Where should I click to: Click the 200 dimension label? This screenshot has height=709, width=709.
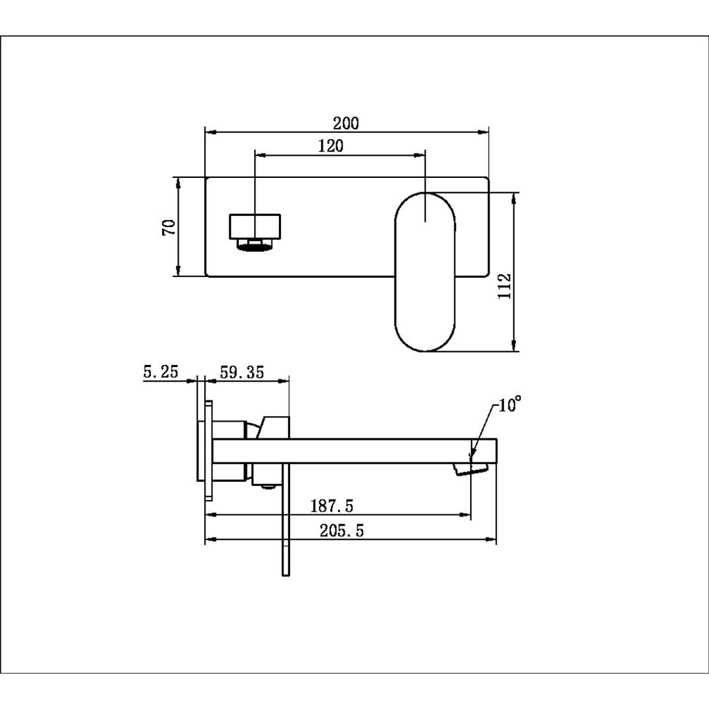click(346, 123)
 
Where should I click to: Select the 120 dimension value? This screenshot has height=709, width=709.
click(330, 146)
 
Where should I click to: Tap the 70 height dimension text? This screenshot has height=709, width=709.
click(169, 227)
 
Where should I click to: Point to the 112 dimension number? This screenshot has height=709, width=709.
click(504, 286)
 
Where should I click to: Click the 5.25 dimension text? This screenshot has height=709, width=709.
click(161, 372)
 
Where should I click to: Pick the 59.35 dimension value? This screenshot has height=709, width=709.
click(242, 372)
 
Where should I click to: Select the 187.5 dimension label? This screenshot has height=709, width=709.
click(332, 506)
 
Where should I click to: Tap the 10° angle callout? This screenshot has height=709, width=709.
click(510, 404)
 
